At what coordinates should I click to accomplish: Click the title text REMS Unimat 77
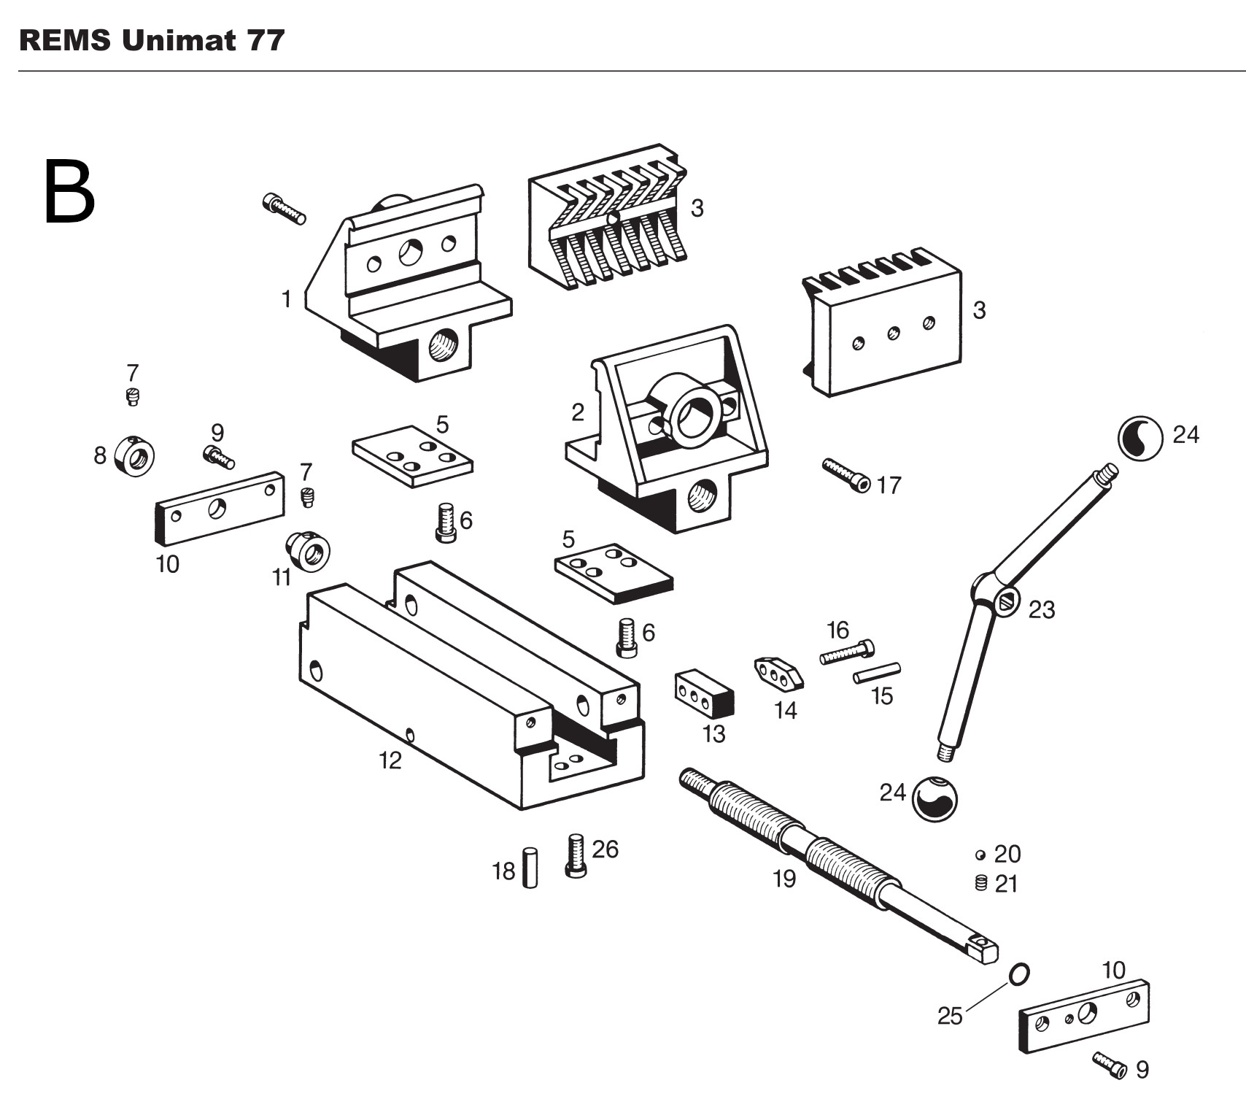pos(151,40)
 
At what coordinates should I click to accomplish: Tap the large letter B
pos(69,193)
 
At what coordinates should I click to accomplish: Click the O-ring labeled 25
pos(1019,974)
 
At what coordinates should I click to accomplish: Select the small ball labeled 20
pos(980,855)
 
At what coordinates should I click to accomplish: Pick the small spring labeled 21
pos(980,883)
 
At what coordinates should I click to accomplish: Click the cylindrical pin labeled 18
pos(530,867)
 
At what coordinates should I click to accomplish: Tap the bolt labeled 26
pos(576,855)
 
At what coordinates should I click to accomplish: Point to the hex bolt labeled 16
pos(847,652)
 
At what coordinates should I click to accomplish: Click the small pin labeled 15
pos(877,672)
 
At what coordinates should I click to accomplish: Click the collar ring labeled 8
pos(135,456)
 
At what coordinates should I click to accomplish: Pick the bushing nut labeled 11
pos(308,552)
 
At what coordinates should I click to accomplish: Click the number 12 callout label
pos(390,760)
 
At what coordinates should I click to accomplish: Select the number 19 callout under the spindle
pos(784,879)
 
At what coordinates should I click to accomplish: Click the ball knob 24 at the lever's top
pos(1140,438)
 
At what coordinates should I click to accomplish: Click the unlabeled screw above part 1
pos(284,208)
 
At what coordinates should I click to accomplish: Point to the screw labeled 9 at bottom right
pos(1110,1065)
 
